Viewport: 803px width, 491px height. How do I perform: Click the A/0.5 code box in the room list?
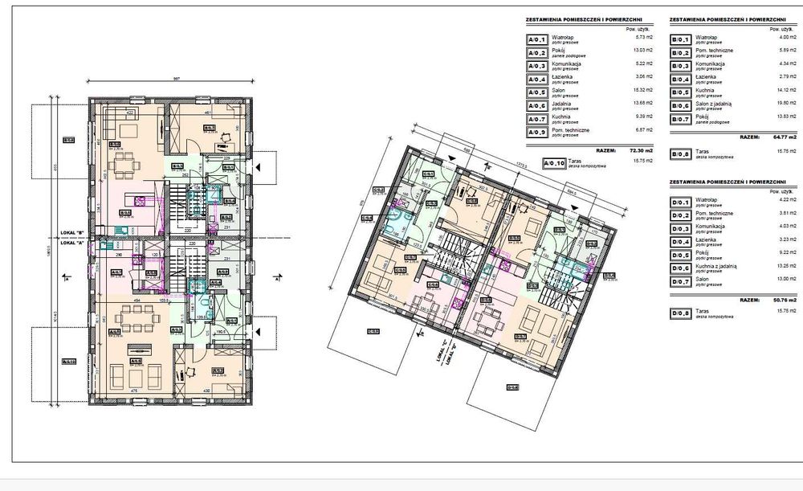point(536,92)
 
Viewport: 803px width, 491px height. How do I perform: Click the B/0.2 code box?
point(680,52)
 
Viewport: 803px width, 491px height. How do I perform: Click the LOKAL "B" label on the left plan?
point(72,233)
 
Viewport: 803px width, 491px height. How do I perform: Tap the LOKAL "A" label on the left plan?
point(72,241)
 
